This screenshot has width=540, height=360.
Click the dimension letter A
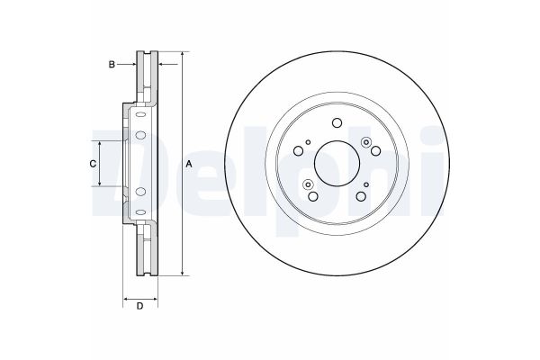[188, 164]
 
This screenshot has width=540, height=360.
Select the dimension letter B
[112, 64]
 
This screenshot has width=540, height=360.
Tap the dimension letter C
[92, 163]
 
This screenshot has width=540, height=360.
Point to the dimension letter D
[139, 308]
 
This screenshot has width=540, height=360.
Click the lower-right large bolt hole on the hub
[360, 196]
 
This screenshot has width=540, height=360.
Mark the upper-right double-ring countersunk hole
[365, 142]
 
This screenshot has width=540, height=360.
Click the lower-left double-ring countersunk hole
[308, 184]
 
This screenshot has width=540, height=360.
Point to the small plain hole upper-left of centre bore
[308, 142]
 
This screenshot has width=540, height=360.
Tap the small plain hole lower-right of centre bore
[365, 184]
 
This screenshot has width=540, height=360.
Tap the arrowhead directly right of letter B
[132, 64]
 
